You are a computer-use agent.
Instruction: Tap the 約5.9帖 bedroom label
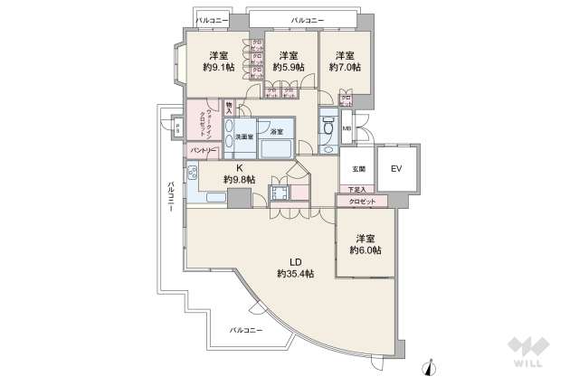289,66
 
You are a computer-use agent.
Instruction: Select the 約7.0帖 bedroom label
343,66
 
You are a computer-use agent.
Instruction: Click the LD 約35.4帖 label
296,273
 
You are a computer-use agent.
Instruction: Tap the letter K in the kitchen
240,168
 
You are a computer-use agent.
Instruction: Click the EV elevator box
395,169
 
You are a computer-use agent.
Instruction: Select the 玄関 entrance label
358,169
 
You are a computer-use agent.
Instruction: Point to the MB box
346,127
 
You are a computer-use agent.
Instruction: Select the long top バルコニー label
307,17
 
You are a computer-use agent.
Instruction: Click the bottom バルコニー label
245,331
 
